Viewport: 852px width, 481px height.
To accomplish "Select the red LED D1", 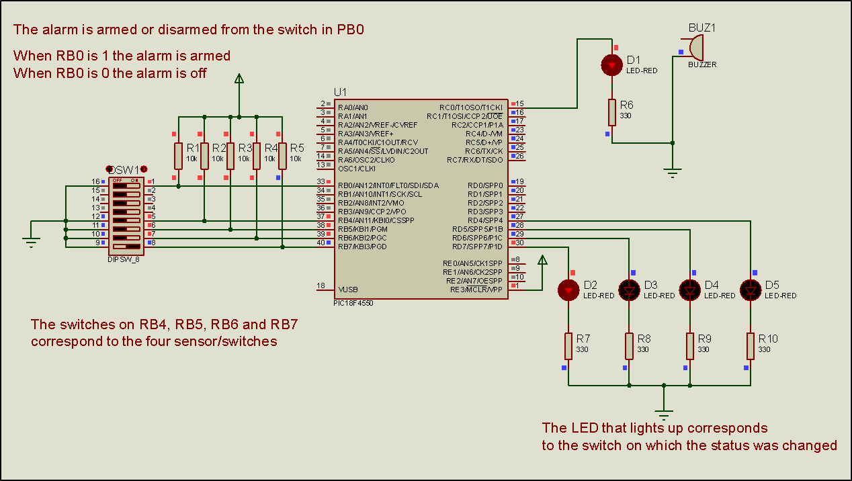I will [x=611, y=65].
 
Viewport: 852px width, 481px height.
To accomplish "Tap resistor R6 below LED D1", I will [x=611, y=112].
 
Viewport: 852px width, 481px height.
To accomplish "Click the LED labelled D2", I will [x=568, y=290].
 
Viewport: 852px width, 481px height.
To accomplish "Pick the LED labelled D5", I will [x=751, y=290].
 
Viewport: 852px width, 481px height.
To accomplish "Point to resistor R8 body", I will [x=630, y=345].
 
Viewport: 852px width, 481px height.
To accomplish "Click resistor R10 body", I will [x=751, y=345].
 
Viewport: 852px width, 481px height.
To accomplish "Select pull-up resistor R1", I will [x=178, y=155].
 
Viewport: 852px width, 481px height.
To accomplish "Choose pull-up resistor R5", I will [x=283, y=155].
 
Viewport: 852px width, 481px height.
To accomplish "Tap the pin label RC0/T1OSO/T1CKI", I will [x=471, y=107].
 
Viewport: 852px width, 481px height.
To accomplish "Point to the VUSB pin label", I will [x=349, y=290].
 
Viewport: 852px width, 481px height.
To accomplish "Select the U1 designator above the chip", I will [x=341, y=92].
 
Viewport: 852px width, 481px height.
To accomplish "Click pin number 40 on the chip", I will [x=321, y=243].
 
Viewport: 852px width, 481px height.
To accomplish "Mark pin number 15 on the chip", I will [x=519, y=103].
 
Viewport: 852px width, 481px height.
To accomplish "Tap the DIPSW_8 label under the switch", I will [x=123, y=259].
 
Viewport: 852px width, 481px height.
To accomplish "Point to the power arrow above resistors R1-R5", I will [x=239, y=79].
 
